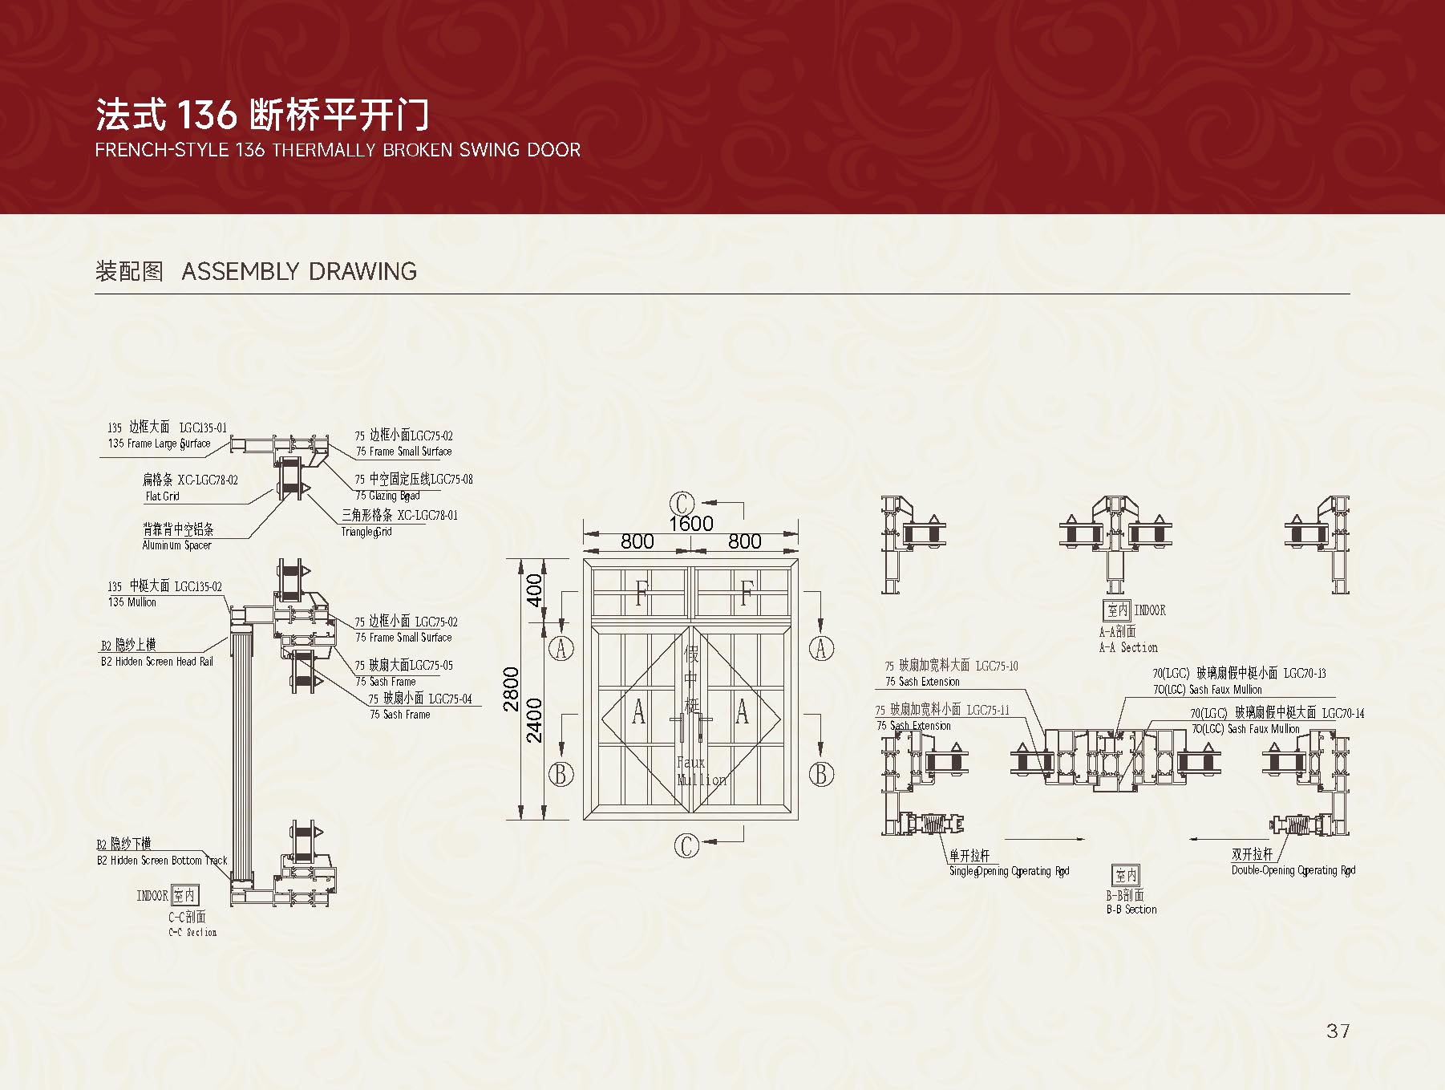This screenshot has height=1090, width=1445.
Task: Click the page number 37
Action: coord(1338,1031)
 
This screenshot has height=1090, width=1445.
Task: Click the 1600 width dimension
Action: coord(690,524)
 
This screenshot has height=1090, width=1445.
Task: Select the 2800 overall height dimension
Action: coord(512,690)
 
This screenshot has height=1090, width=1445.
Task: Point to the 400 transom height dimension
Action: coord(534,590)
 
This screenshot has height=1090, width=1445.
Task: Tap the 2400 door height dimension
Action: coord(534,720)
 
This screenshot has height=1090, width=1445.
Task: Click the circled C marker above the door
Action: coord(682,504)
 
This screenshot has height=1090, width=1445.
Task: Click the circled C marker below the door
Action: coord(686,845)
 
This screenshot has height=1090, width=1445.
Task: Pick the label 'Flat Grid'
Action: coord(162,496)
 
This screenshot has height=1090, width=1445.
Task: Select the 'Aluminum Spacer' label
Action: coord(176,545)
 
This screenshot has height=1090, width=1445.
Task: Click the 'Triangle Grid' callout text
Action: coord(366,532)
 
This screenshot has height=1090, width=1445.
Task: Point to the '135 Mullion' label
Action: coord(132,602)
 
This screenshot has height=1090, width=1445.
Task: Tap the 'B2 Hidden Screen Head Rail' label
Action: coord(157,662)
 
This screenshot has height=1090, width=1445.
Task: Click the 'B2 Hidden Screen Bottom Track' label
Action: coord(162,861)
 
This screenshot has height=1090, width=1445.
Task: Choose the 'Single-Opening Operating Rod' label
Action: coord(1009,871)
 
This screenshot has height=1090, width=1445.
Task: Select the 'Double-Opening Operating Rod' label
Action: coord(1293,870)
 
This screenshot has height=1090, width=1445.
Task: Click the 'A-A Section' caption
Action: coord(1128,647)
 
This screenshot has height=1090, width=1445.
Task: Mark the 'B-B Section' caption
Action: coord(1131,910)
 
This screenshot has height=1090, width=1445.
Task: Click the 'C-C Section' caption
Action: coord(192,932)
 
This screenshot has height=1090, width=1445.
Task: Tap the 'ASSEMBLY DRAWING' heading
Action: coord(299,271)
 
